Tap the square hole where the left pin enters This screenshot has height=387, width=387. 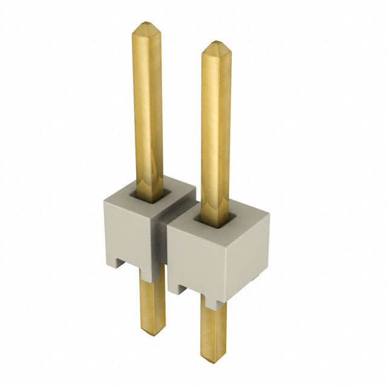[148, 195]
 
